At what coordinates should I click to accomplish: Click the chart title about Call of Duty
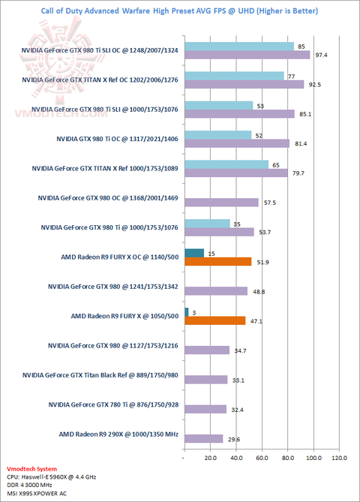click(x=179, y=11)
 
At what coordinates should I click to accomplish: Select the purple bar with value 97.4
click(x=247, y=55)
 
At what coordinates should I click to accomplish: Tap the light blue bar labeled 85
click(x=239, y=47)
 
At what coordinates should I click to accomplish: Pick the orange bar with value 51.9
click(x=218, y=262)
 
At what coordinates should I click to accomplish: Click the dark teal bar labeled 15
click(x=194, y=253)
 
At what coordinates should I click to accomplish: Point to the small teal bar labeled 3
click(x=187, y=312)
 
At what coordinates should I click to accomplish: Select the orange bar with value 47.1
click(x=215, y=320)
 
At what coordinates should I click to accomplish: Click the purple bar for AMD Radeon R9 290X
click(x=204, y=439)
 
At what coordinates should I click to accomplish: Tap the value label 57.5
click(x=270, y=203)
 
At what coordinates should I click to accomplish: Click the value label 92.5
click(x=315, y=85)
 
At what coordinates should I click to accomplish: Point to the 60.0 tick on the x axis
click(x=262, y=458)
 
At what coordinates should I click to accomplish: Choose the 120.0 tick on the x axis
click(x=339, y=458)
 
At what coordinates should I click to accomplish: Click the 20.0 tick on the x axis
click(x=211, y=458)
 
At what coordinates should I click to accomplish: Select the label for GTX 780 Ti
click(x=113, y=404)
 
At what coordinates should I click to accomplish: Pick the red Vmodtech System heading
click(x=31, y=469)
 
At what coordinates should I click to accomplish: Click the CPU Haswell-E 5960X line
click(x=52, y=477)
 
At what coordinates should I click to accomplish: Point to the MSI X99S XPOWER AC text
click(x=37, y=493)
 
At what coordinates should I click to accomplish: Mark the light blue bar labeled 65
click(x=226, y=164)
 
